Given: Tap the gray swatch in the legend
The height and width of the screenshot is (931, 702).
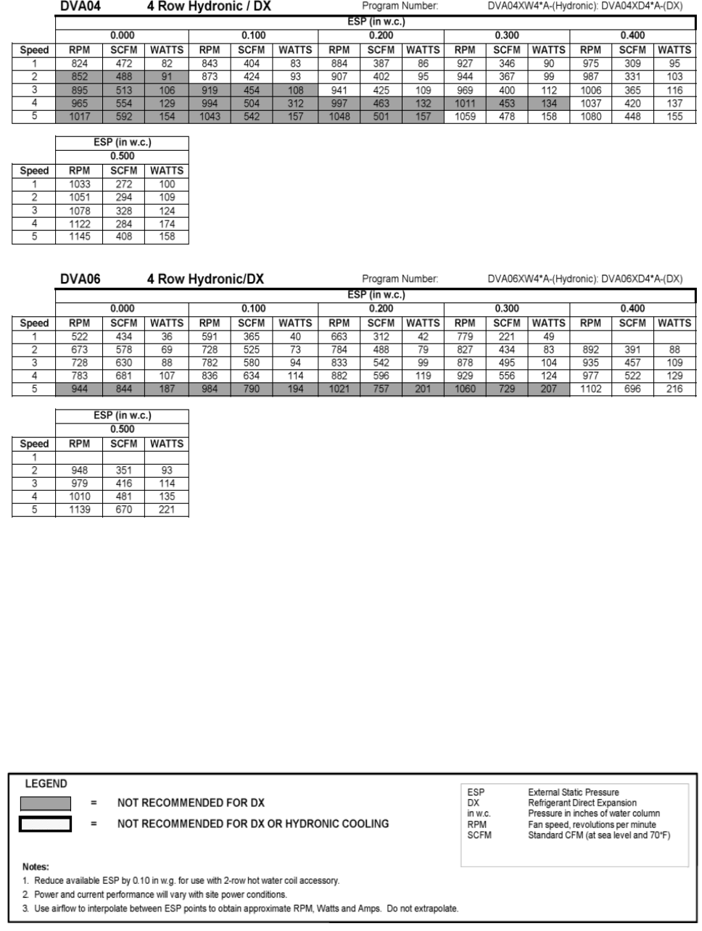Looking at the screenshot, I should coord(45,803).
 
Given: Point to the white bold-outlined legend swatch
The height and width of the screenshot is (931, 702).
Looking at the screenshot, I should coord(45,824).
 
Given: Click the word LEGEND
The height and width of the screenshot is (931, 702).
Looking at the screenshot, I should coord(46,784).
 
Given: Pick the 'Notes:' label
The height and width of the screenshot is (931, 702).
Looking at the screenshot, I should coord(36,866).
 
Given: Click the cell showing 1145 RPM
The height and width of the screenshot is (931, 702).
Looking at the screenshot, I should coord(79,236).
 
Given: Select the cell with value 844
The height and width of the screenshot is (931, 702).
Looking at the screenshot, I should coord(124,389).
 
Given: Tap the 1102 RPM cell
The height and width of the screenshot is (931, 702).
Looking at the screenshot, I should coord(591,389).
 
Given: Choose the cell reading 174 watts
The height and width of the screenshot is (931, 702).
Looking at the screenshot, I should coord(167,224).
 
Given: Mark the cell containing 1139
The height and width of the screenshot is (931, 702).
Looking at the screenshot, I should coord(79,510).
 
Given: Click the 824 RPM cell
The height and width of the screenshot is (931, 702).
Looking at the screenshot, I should coord(79,63).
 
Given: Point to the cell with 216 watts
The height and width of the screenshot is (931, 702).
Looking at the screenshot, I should coord(674,389).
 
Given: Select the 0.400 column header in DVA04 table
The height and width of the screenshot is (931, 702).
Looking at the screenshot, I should coord(632,36).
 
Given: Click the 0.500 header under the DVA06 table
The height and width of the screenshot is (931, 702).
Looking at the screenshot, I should coord(122,429).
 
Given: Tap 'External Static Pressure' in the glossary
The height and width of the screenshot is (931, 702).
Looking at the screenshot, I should coord(574,793).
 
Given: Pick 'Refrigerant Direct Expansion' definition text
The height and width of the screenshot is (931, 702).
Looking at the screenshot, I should coord(582,803).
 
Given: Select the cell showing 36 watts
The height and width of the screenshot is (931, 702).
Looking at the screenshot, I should coord(167,336).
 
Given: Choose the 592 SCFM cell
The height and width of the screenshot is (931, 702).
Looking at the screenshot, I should coord(124,116).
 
